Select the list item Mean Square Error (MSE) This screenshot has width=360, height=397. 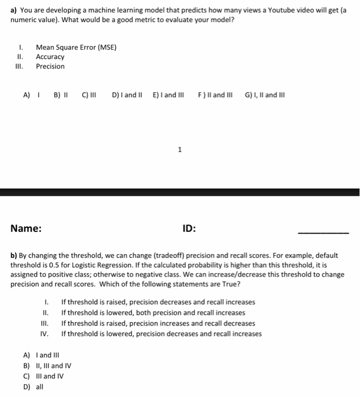76,47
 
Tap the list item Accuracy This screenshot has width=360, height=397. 50,57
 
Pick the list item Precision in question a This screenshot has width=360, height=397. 50,66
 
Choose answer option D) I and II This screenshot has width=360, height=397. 128,95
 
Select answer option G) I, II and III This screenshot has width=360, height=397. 265,95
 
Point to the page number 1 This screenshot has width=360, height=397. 179,150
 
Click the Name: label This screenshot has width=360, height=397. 26,229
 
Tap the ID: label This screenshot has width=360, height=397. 189,229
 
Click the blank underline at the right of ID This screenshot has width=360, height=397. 324,233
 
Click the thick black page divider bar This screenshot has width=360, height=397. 179,192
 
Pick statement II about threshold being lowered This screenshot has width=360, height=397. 153,312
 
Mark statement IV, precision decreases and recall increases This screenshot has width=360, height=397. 161,333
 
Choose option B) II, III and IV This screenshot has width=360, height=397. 47,366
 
